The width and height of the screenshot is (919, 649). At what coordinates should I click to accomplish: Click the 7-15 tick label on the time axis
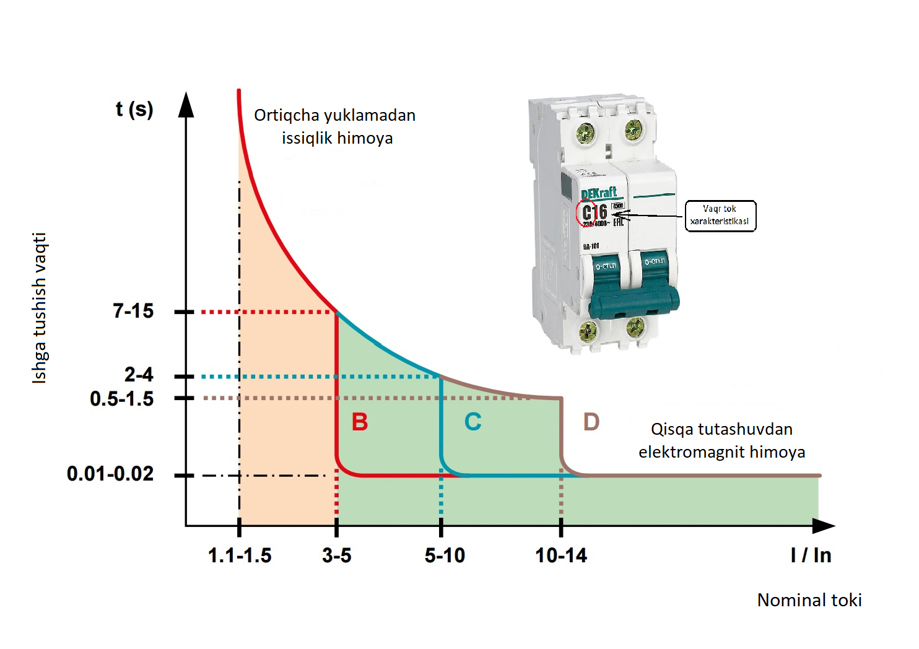coord(133,311)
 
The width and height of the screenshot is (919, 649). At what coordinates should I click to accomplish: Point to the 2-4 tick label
coord(139,375)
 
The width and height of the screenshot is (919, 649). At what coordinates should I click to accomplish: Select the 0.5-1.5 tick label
coord(122,399)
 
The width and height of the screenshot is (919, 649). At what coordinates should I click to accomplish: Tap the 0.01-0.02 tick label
coord(110,474)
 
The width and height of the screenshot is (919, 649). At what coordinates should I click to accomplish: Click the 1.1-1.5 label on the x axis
coord(240,555)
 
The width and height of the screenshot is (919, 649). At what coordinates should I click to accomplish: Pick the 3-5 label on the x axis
coord(336,555)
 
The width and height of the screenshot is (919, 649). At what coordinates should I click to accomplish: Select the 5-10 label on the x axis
coord(445,555)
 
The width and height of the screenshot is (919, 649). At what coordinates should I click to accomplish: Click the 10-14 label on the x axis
coord(561,555)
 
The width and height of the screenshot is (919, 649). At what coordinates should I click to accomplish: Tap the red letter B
coord(360,422)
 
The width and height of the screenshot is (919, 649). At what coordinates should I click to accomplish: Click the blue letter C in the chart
coord(473,422)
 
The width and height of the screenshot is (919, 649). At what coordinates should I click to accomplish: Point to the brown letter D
coord(591,422)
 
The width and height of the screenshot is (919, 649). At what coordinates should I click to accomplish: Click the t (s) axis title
coord(134,110)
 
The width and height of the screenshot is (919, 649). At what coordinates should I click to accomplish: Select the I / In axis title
coord(811,555)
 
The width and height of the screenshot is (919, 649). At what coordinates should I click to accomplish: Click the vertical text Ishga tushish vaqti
coord(39,308)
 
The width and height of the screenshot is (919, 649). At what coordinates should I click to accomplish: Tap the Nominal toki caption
coord(809,600)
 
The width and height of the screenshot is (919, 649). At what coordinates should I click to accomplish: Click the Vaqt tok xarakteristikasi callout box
coord(720,216)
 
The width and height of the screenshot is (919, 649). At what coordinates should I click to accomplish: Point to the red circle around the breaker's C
coord(586,213)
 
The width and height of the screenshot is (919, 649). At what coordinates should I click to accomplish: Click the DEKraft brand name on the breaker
coord(599,193)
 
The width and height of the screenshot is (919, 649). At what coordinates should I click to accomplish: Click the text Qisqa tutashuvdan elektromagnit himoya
coord(721,440)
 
